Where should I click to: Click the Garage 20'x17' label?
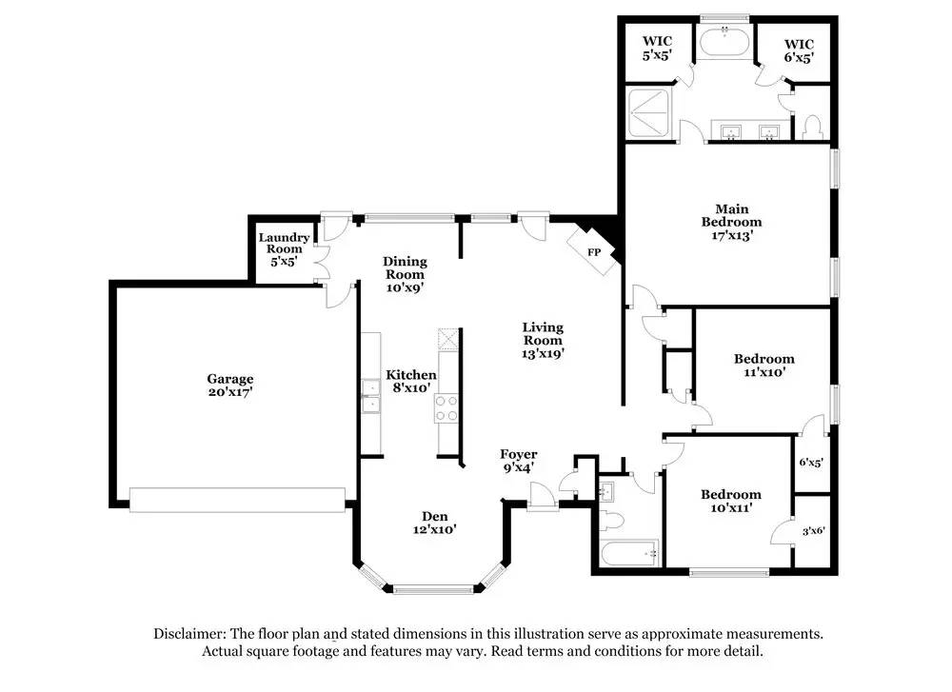[x=230, y=386]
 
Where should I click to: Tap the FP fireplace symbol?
[x=594, y=252]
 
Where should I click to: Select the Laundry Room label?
[x=284, y=249]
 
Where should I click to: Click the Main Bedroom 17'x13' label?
[x=731, y=222]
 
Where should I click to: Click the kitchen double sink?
[x=370, y=397]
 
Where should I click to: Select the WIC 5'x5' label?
[x=657, y=49]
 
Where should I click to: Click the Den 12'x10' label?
[x=434, y=523]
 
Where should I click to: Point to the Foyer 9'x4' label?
[x=519, y=461]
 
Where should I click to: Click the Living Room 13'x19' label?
[x=543, y=340]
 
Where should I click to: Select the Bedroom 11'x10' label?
[x=764, y=366]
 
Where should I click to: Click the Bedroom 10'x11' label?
[x=731, y=501]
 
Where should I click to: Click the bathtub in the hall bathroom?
[x=629, y=551]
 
